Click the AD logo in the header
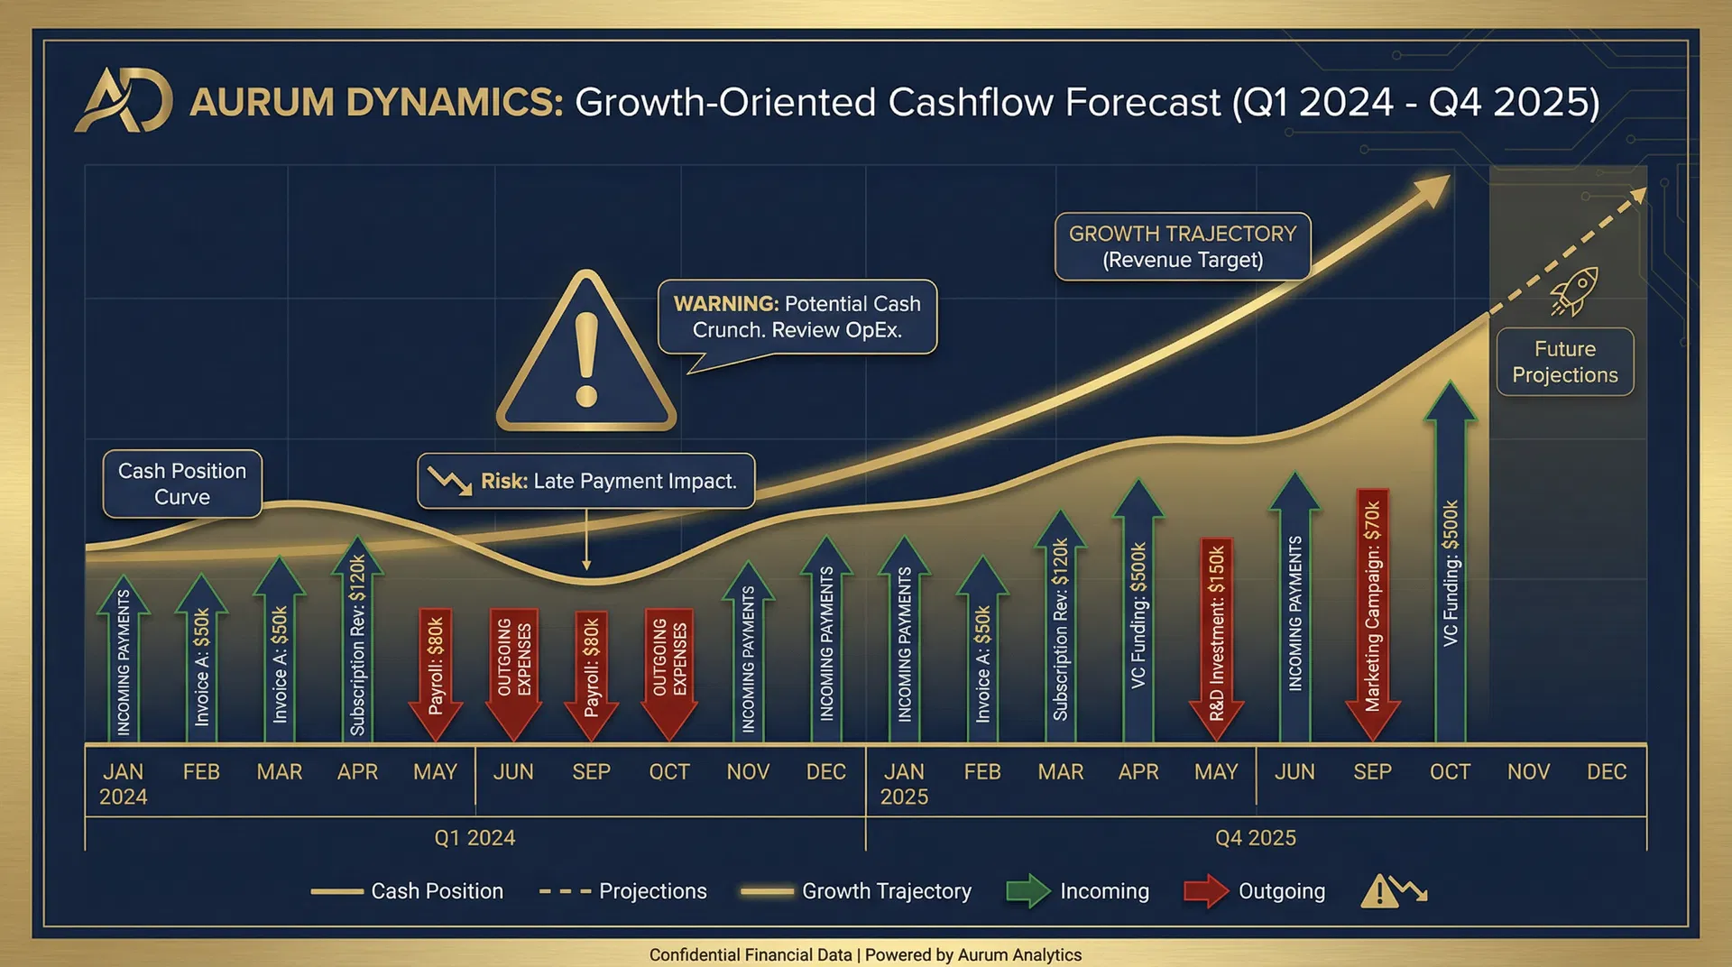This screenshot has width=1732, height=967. pos(124,101)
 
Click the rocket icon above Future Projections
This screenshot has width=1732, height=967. pos(1575,290)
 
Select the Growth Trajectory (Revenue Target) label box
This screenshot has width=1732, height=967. pos(1182,246)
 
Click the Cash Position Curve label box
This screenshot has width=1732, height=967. pos(182,484)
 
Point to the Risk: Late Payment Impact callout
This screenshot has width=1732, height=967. pos(586,481)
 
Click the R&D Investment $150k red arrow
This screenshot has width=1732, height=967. pos(1216,636)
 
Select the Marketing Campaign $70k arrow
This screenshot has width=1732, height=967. pos(1372,613)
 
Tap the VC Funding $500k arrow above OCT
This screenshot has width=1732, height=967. pos(1450,568)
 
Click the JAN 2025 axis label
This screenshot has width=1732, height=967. pos(904,784)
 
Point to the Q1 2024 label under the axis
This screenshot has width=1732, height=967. pos(474,838)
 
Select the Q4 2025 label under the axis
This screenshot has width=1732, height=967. pos(1255,838)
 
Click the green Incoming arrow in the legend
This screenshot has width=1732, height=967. pos(1027,891)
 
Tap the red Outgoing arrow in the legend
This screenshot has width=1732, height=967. pos(1206,891)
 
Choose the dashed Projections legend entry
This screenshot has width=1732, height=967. pos(622,891)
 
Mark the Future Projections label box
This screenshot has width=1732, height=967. pos(1565,362)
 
